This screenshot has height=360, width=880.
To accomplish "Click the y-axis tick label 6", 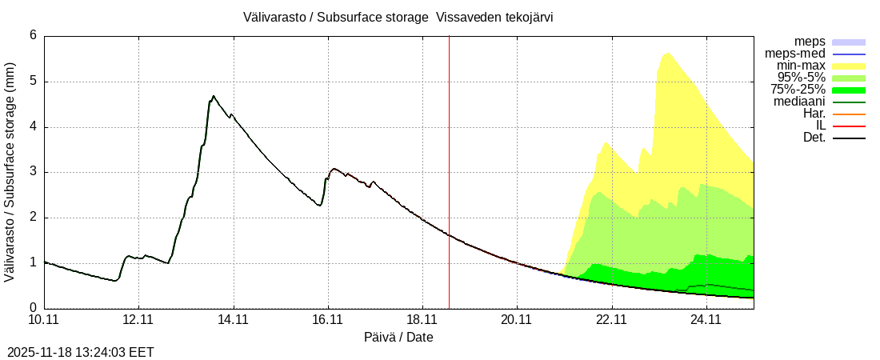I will click(x=34, y=35).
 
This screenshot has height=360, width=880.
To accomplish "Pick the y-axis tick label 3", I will click(x=34, y=172).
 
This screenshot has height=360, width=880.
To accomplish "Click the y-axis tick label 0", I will click(x=34, y=308).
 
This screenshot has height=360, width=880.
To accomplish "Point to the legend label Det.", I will click(x=814, y=138).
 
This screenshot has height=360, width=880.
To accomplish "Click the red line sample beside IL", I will click(x=849, y=126).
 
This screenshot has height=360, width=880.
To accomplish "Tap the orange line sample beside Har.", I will click(x=849, y=114).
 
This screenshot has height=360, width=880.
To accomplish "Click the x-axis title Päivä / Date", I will click(x=398, y=338).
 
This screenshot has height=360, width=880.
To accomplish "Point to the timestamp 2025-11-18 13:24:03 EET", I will click(x=81, y=352).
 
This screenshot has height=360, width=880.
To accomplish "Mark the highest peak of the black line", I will click(x=214, y=96).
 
